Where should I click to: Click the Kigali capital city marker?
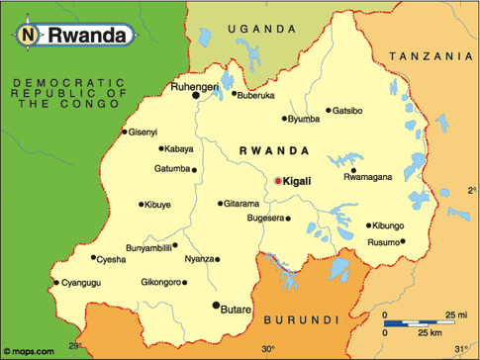click(277, 181)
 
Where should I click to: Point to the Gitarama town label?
click(241, 204)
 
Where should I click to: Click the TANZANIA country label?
click(432, 58)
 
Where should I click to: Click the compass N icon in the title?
click(28, 35)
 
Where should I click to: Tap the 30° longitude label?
click(267, 350)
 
